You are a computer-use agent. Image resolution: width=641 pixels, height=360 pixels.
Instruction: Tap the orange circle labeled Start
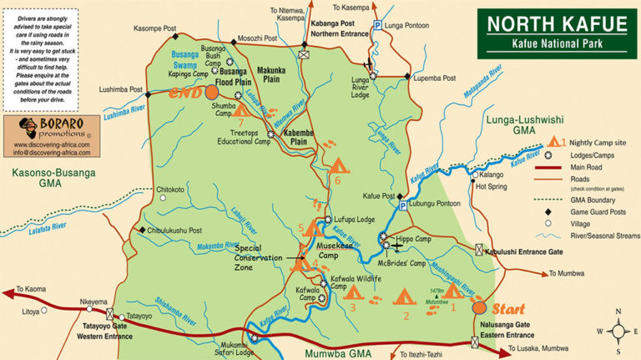point(479,307)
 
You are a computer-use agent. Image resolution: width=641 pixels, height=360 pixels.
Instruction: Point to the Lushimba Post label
point(120,89)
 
